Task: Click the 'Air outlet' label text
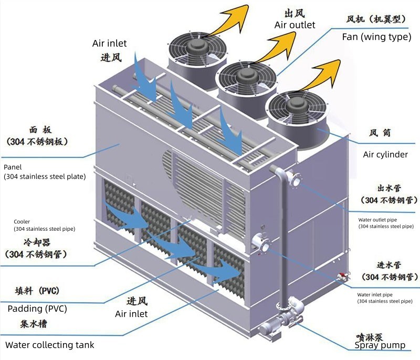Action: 295,25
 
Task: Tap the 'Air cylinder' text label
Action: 385,155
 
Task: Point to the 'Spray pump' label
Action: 380,345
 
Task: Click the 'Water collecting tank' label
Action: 50,345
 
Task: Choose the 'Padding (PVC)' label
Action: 37,308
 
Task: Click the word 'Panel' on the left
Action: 13,167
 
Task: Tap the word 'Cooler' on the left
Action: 22,222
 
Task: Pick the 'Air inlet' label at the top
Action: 109,44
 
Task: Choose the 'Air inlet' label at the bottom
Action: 131,314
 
